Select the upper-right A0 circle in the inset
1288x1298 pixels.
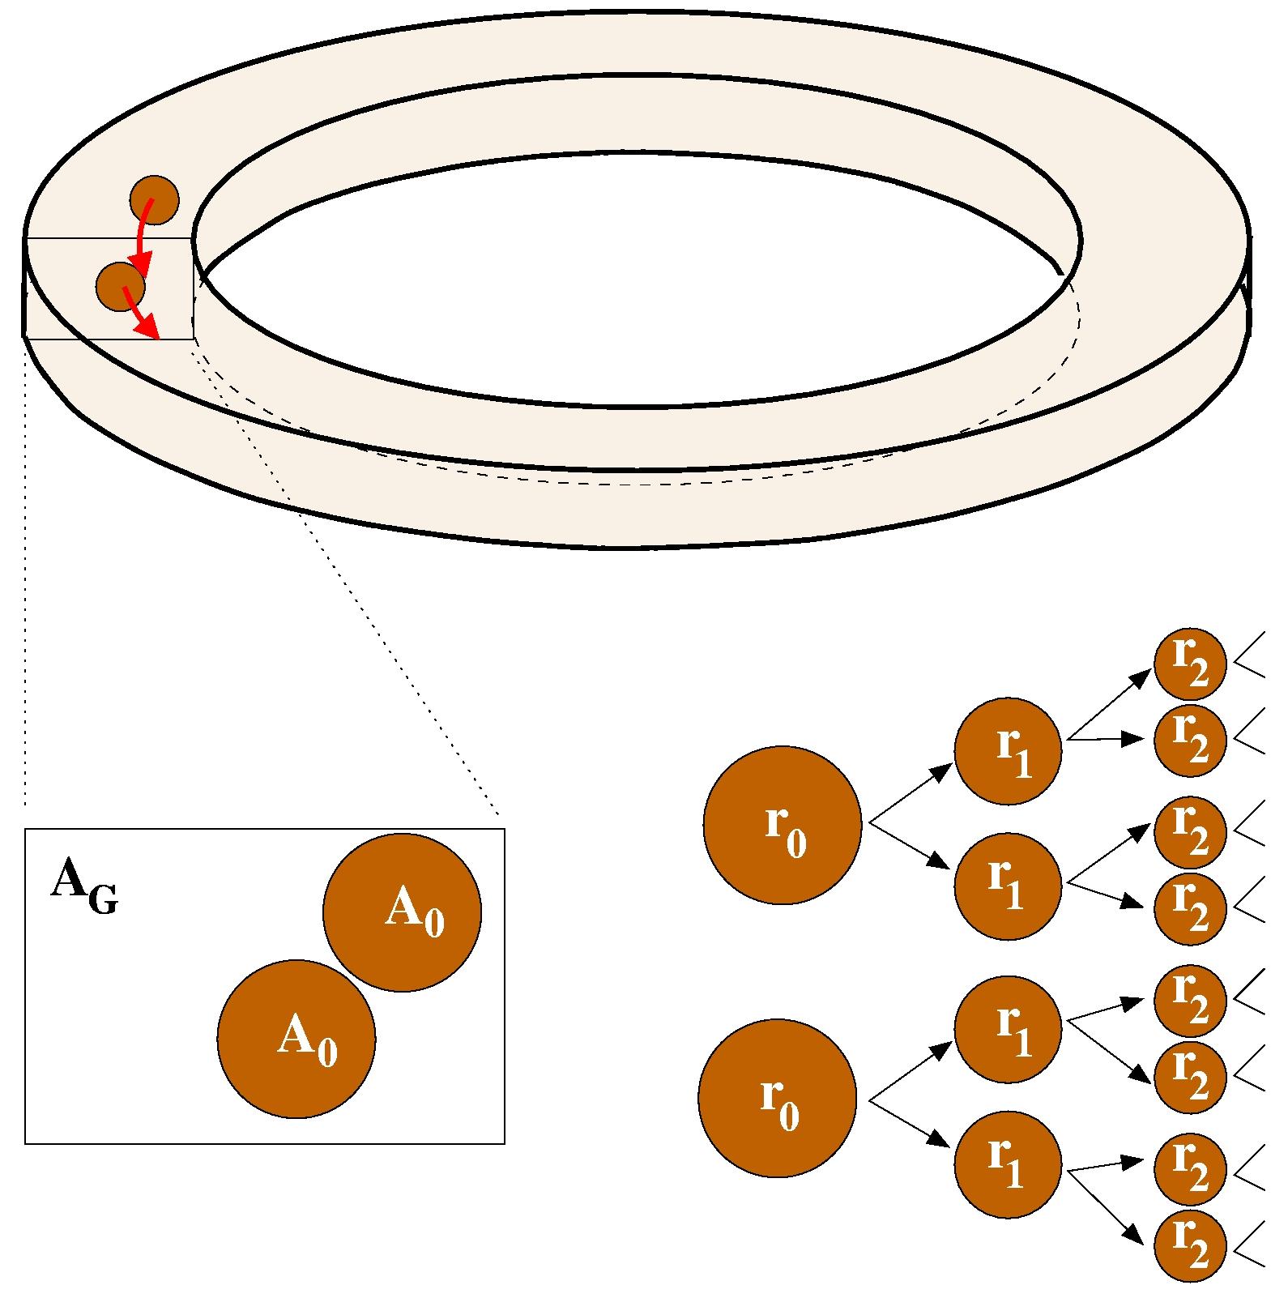[402, 912]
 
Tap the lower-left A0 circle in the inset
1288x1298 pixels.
[296, 1039]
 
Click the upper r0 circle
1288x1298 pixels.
[782, 825]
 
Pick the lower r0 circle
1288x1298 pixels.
[777, 1099]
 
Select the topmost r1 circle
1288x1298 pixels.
[1008, 751]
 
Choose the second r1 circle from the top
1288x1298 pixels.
[1008, 886]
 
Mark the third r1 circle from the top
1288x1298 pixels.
[1008, 1028]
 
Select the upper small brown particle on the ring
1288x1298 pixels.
[154, 199]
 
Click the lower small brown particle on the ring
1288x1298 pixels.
[120, 286]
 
